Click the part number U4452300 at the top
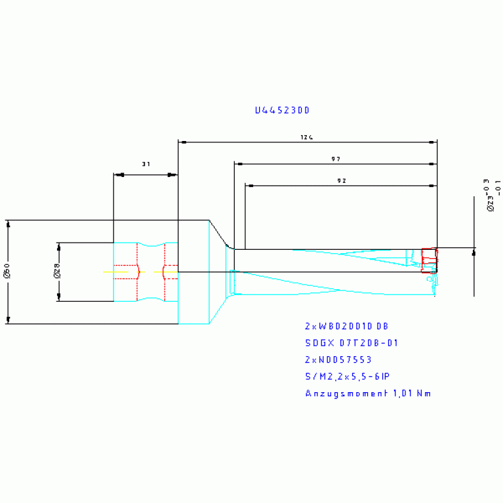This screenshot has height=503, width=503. coord(282,111)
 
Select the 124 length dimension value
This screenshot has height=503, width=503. coord(306,138)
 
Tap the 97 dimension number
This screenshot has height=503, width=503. coord(335,159)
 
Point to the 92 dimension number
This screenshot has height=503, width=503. coord(340,181)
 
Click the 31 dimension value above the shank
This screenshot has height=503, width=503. coord(146,164)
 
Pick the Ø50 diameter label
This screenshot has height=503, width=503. coord(7,272)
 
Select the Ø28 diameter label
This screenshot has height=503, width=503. coord(56,272)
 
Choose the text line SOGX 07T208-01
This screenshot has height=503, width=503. coord(351,343)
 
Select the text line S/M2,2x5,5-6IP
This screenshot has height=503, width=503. coord(347,376)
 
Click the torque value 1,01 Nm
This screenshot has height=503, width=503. coord(411,393)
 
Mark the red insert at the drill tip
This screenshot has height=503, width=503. coord(428,260)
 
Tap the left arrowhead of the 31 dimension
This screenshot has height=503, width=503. coord(118,174)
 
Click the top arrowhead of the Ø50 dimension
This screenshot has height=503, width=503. coord(8,224)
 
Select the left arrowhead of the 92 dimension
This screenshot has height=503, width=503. coord(250,186)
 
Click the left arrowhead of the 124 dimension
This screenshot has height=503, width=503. coord(183,142)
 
